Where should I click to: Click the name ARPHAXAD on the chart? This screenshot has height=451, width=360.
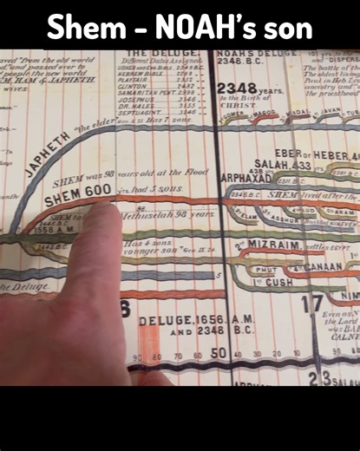coord(246,178)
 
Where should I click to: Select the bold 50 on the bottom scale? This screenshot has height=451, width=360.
coord(218,353)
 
